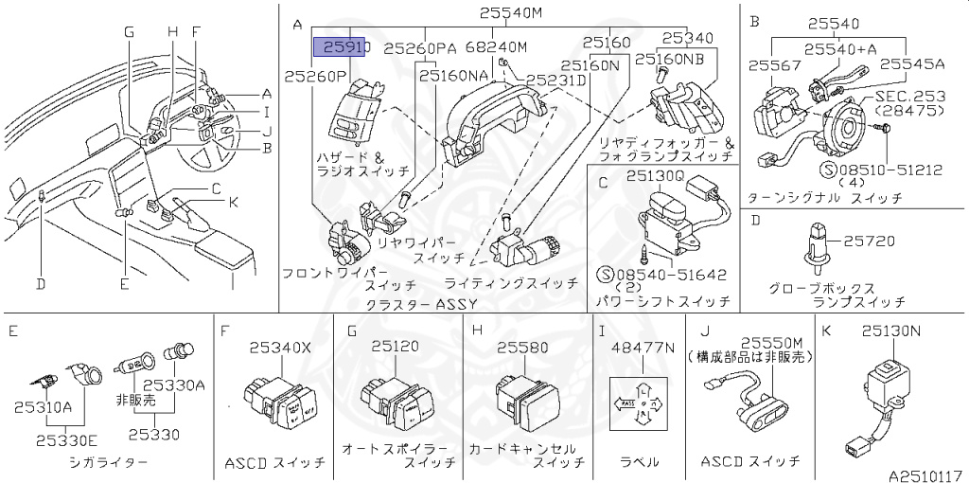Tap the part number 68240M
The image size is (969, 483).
point(498,45)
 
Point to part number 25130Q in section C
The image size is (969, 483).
point(652,175)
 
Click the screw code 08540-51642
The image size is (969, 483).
point(671,275)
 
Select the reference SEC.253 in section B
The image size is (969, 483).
point(909,97)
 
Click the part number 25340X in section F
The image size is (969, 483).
point(279,348)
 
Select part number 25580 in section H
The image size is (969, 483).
point(523,348)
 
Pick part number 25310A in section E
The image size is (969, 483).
point(43,406)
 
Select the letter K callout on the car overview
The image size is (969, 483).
point(232,201)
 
